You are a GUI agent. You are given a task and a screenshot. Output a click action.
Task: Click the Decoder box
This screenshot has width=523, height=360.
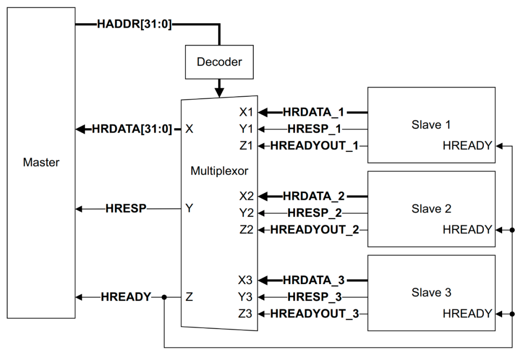pyautogui.click(x=219, y=62)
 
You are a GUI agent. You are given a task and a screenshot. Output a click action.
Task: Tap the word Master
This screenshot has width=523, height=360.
pyautogui.click(x=41, y=162)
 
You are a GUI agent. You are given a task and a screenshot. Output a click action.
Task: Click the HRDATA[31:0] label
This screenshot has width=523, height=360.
pyautogui.click(x=132, y=129)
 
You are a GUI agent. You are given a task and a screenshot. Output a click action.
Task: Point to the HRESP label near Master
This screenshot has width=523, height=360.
pyautogui.click(x=126, y=209)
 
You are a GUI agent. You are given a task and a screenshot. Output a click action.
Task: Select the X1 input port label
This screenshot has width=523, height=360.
pyautogui.click(x=246, y=113)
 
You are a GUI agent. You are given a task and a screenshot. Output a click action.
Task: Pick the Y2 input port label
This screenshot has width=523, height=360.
pyautogui.click(x=246, y=213)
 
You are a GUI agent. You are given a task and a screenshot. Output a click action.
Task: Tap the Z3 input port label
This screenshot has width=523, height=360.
pyautogui.click(x=246, y=313)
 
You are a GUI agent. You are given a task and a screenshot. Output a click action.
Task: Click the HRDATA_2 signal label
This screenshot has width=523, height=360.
pyautogui.click(x=314, y=196)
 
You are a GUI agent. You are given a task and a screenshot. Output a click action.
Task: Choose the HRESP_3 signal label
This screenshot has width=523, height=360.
pyautogui.click(x=314, y=297)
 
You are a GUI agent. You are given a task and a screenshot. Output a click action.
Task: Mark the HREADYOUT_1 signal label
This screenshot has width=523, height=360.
pyautogui.click(x=314, y=146)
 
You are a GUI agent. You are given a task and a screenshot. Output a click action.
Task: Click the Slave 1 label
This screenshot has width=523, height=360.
pyautogui.click(x=431, y=125)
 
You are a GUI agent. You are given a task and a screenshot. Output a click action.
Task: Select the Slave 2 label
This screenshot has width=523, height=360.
pyautogui.click(x=431, y=209)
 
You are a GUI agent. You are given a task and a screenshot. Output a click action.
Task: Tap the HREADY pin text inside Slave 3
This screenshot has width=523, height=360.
pyautogui.click(x=467, y=314)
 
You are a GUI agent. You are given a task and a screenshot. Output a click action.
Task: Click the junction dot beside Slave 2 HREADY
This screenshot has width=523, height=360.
pyautogui.click(x=512, y=230)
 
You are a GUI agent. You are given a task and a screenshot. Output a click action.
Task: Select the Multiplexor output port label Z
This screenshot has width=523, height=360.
pyautogui.click(x=189, y=297)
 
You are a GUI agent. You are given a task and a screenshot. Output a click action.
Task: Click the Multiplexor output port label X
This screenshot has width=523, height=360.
pyautogui.click(x=189, y=129)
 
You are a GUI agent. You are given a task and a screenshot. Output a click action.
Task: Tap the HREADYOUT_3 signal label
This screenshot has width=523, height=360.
pyautogui.click(x=314, y=313)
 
